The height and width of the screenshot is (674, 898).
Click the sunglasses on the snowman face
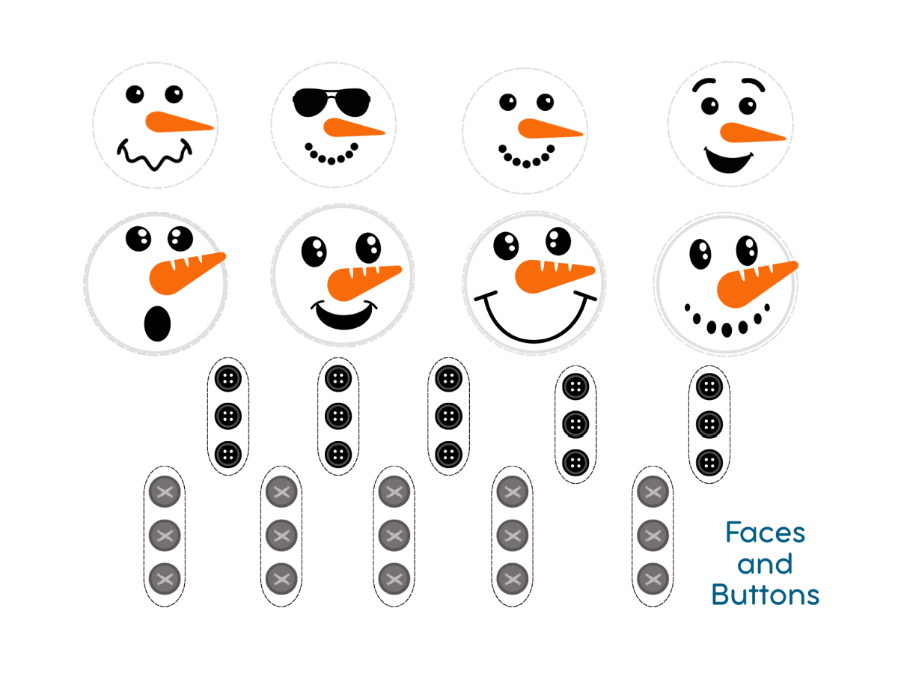pos(332,102)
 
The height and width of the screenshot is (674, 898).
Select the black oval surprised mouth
pos(157,323)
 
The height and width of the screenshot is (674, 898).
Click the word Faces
pos(765,533)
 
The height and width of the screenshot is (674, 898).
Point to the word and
pos(765,564)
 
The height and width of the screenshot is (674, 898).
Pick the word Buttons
pos(765,595)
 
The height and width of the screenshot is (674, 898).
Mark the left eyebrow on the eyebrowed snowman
pos(703,82)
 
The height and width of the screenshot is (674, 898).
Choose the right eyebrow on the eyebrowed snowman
pos(751,82)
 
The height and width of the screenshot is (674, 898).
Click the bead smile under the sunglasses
pos(332,154)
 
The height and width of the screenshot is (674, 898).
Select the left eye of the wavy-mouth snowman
pos(135,94)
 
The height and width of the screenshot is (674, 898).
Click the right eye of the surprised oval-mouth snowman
pos(180,237)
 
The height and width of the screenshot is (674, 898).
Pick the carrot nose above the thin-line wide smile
pos(554,273)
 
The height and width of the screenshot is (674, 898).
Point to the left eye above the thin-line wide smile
pos(507,245)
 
